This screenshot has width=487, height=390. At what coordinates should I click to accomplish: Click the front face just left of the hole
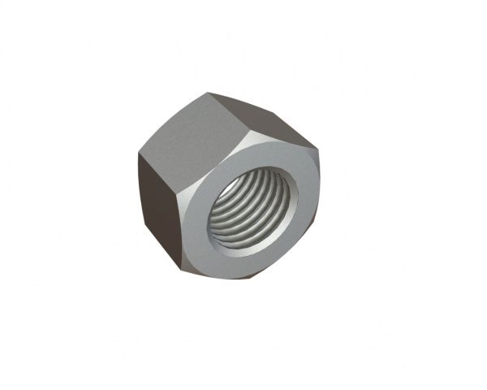click(198, 215)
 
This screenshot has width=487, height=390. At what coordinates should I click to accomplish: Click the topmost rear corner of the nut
click(209, 93)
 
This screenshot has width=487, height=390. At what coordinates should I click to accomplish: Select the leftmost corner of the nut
click(139, 154)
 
